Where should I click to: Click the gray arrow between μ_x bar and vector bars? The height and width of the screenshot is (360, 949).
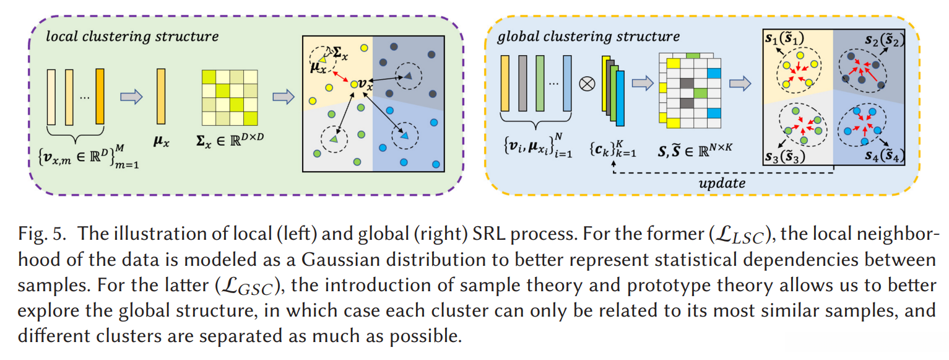point(131,97)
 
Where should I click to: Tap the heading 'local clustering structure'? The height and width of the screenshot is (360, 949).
point(132,37)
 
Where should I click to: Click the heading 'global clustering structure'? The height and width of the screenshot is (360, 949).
point(588,37)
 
